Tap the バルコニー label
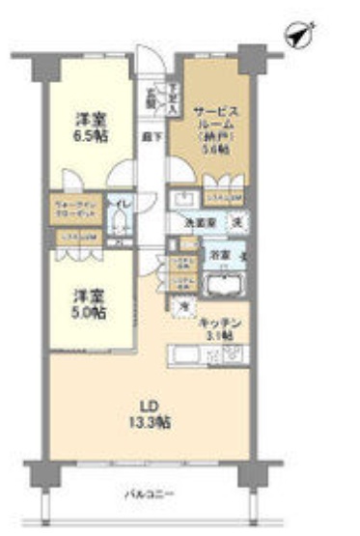(x=141, y=495)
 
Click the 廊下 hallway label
(x=152, y=138)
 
